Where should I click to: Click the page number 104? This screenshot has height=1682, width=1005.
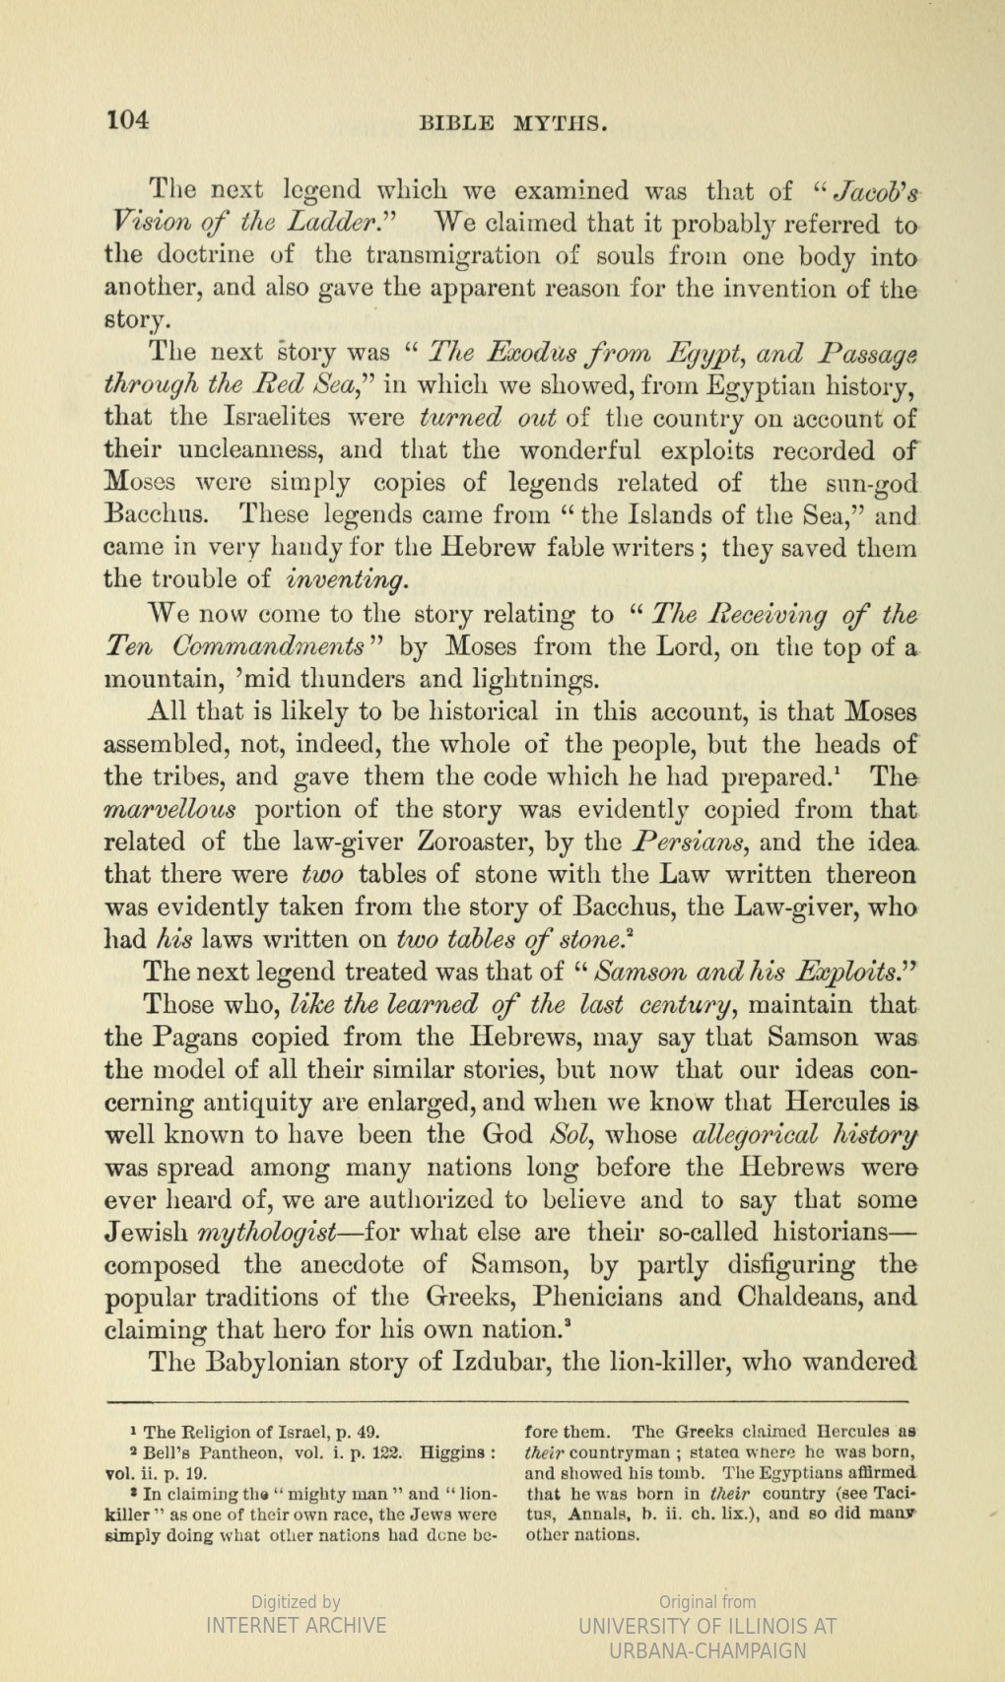coord(128,120)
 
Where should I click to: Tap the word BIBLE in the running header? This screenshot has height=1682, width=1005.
coord(457,123)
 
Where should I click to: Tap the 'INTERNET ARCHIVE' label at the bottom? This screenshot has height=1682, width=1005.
coord(296,1625)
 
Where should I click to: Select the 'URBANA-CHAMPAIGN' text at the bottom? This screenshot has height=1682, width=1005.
coord(707,1650)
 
